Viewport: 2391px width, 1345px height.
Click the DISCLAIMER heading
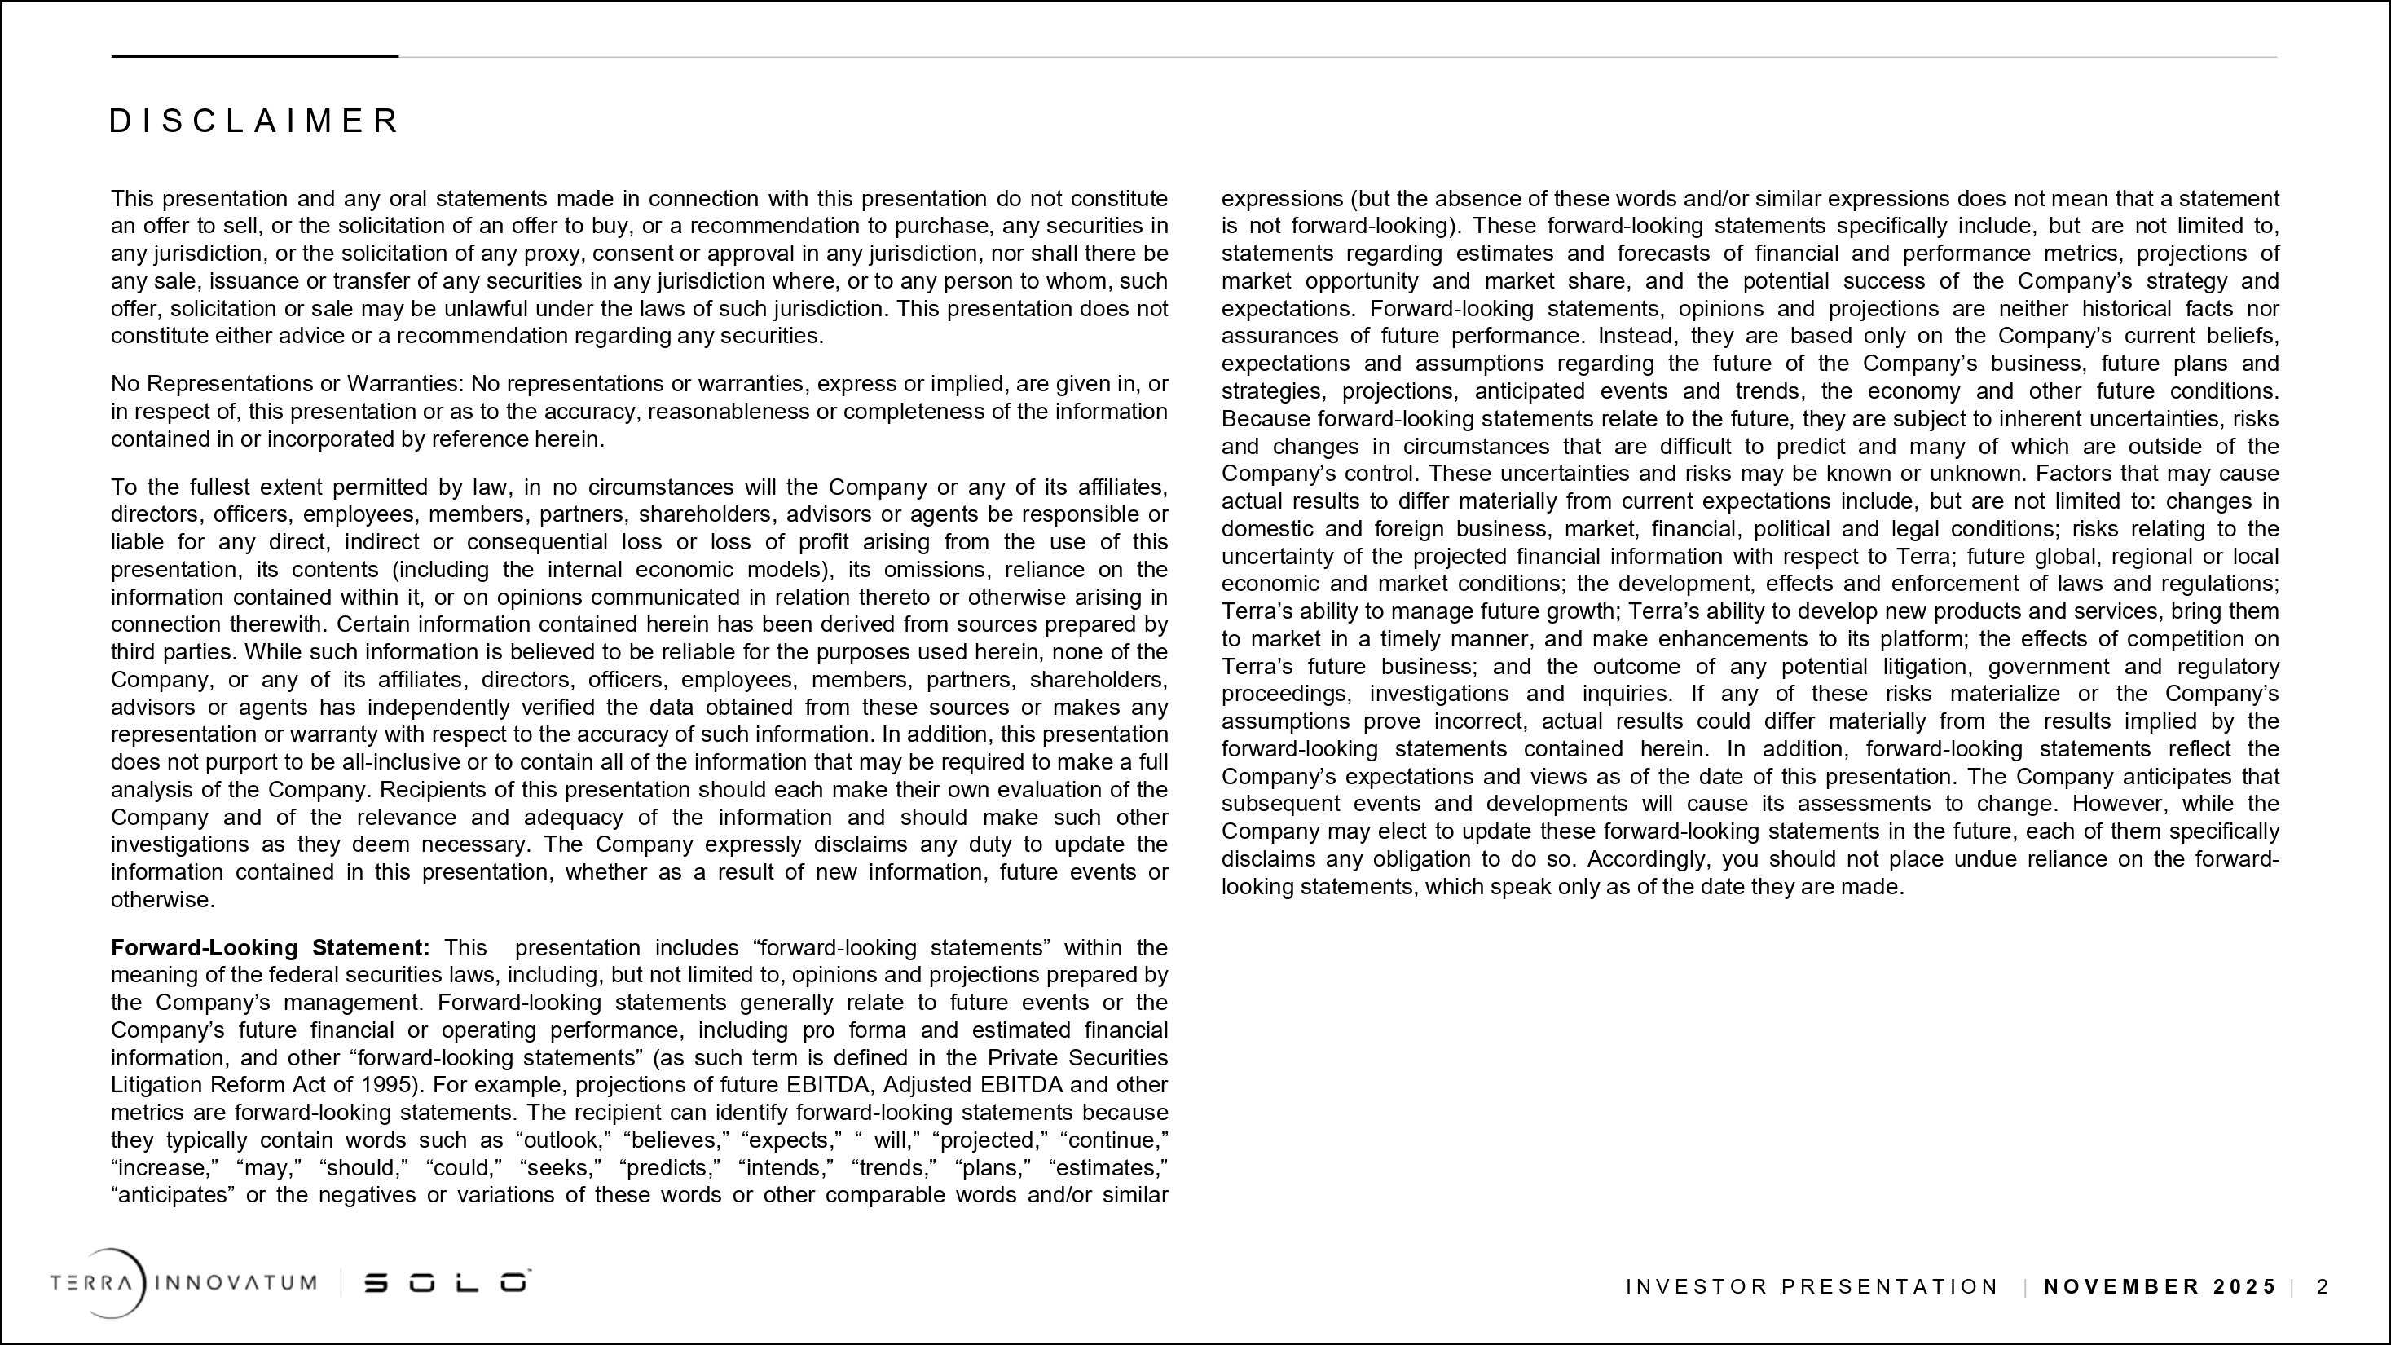tap(253, 121)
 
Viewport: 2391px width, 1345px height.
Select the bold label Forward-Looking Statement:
tap(270, 948)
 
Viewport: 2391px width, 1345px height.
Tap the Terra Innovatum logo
tap(183, 1284)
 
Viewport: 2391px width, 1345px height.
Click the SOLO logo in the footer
tap(447, 1283)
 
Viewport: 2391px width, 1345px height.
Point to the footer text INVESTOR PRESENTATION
tap(1811, 1286)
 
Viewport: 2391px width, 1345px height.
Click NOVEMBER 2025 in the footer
tap(2160, 1286)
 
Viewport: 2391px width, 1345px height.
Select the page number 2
tap(2323, 1286)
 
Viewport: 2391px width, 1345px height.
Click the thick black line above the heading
tap(254, 56)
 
